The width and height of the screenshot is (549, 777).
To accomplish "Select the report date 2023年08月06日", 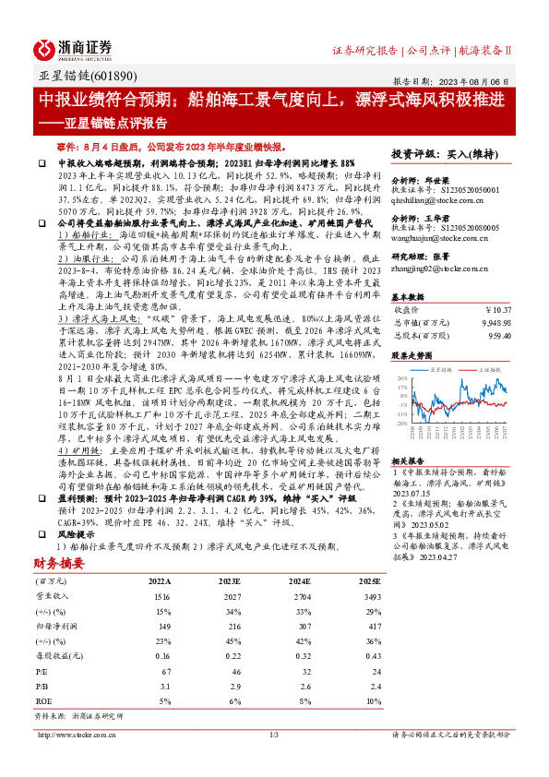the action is (479, 80).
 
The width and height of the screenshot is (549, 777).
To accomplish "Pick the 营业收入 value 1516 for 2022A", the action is (161, 597).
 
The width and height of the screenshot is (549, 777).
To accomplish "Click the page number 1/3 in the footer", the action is (273, 735).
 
